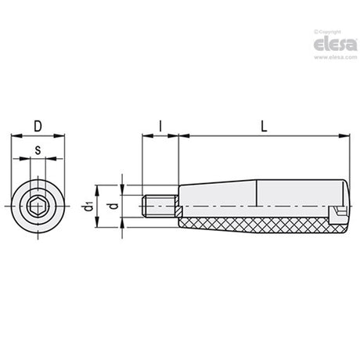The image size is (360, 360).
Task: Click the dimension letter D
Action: tap(38, 127)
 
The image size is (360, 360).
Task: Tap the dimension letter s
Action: tap(38, 150)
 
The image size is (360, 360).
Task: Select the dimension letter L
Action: tap(264, 127)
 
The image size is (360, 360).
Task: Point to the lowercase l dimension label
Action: tap(160, 127)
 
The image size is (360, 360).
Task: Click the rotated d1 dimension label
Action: tap(88, 207)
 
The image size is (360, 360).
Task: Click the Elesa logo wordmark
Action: tap(335, 45)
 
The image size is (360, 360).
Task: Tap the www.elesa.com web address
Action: tap(336, 57)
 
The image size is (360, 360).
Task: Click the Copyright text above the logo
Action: tap(328, 32)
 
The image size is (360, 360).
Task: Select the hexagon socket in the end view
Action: tap(35, 207)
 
